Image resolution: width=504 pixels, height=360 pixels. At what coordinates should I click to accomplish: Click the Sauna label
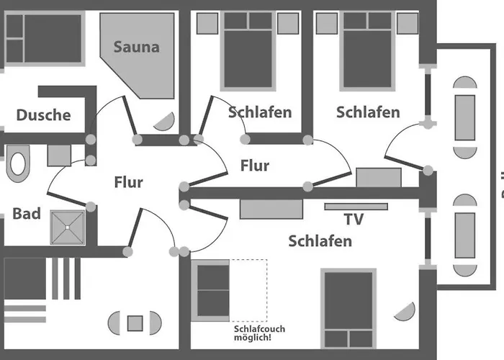[137, 47]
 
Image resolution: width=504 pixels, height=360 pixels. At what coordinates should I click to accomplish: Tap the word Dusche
[44, 115]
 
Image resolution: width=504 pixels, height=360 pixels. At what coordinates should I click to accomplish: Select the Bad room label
[27, 214]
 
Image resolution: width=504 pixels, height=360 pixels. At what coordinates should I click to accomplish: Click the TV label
[354, 219]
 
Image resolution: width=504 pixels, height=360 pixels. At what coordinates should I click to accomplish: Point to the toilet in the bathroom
[18, 163]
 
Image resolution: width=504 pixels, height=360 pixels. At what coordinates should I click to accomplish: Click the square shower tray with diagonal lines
[68, 228]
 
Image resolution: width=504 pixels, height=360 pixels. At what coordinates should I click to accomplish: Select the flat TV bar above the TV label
[356, 207]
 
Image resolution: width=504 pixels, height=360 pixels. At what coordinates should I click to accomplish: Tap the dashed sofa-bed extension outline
[248, 290]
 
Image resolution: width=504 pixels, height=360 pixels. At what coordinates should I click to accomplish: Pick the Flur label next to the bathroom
[129, 182]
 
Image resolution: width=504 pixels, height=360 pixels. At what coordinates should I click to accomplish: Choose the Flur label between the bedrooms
[255, 166]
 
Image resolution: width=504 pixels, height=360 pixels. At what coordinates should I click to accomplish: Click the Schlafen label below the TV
[320, 241]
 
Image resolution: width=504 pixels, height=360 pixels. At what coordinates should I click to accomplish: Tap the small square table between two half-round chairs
[135, 323]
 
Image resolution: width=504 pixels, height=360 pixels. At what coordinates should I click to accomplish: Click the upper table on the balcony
[465, 117]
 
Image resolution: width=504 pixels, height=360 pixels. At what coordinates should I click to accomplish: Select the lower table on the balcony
[465, 235]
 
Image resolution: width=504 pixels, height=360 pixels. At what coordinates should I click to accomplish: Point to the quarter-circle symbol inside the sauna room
[165, 122]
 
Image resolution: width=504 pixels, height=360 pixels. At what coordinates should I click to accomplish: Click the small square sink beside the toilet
[59, 156]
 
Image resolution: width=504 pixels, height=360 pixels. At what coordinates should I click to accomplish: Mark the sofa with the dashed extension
[210, 291]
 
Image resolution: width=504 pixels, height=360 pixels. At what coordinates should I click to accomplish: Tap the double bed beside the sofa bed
[348, 309]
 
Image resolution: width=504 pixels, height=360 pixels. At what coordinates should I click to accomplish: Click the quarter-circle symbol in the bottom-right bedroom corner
[405, 312]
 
